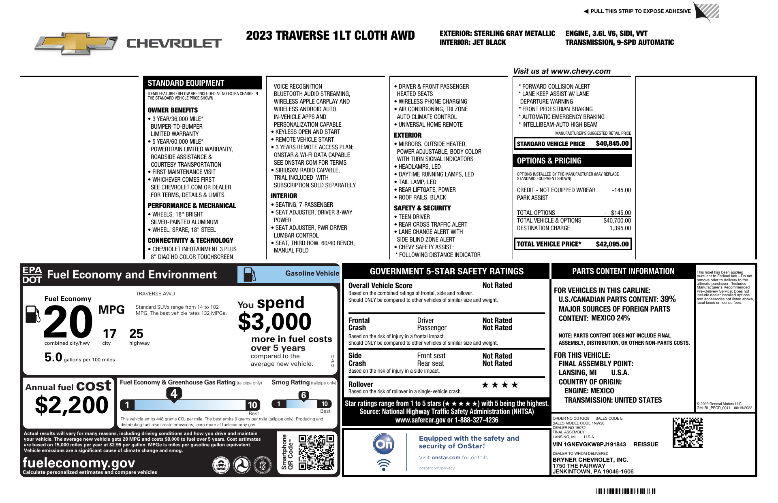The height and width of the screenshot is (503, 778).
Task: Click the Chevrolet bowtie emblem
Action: click(x=76, y=43)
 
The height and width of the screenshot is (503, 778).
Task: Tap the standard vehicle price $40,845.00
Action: click(x=612, y=144)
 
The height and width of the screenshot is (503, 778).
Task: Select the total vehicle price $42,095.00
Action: click(x=612, y=244)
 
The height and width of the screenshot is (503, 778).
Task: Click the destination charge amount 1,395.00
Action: click(x=620, y=228)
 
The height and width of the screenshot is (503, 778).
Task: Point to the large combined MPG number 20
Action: click(x=68, y=322)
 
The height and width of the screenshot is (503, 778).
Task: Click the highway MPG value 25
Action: click(x=136, y=334)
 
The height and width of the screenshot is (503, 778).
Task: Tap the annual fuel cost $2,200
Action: click(x=72, y=405)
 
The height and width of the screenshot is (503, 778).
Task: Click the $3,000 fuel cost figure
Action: click(x=274, y=322)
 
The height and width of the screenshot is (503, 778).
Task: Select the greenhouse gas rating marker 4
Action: click(x=174, y=393)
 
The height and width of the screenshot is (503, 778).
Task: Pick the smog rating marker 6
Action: click(x=304, y=395)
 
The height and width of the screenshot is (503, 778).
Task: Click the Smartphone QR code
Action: click(x=316, y=452)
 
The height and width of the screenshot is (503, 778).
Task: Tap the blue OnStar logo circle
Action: click(x=383, y=444)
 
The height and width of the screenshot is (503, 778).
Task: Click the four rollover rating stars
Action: click(x=500, y=385)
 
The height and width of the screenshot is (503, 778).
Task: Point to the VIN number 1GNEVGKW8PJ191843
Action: click(x=589, y=444)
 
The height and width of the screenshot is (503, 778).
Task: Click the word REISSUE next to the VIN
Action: click(x=645, y=444)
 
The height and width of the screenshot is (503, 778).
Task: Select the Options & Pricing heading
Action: click(x=549, y=161)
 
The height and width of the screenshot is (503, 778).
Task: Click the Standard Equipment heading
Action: click(x=186, y=83)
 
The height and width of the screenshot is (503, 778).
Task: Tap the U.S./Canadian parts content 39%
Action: click(x=668, y=299)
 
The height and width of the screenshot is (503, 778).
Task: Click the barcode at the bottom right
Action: click(x=626, y=492)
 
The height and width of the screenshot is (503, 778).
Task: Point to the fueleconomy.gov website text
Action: click(x=79, y=463)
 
